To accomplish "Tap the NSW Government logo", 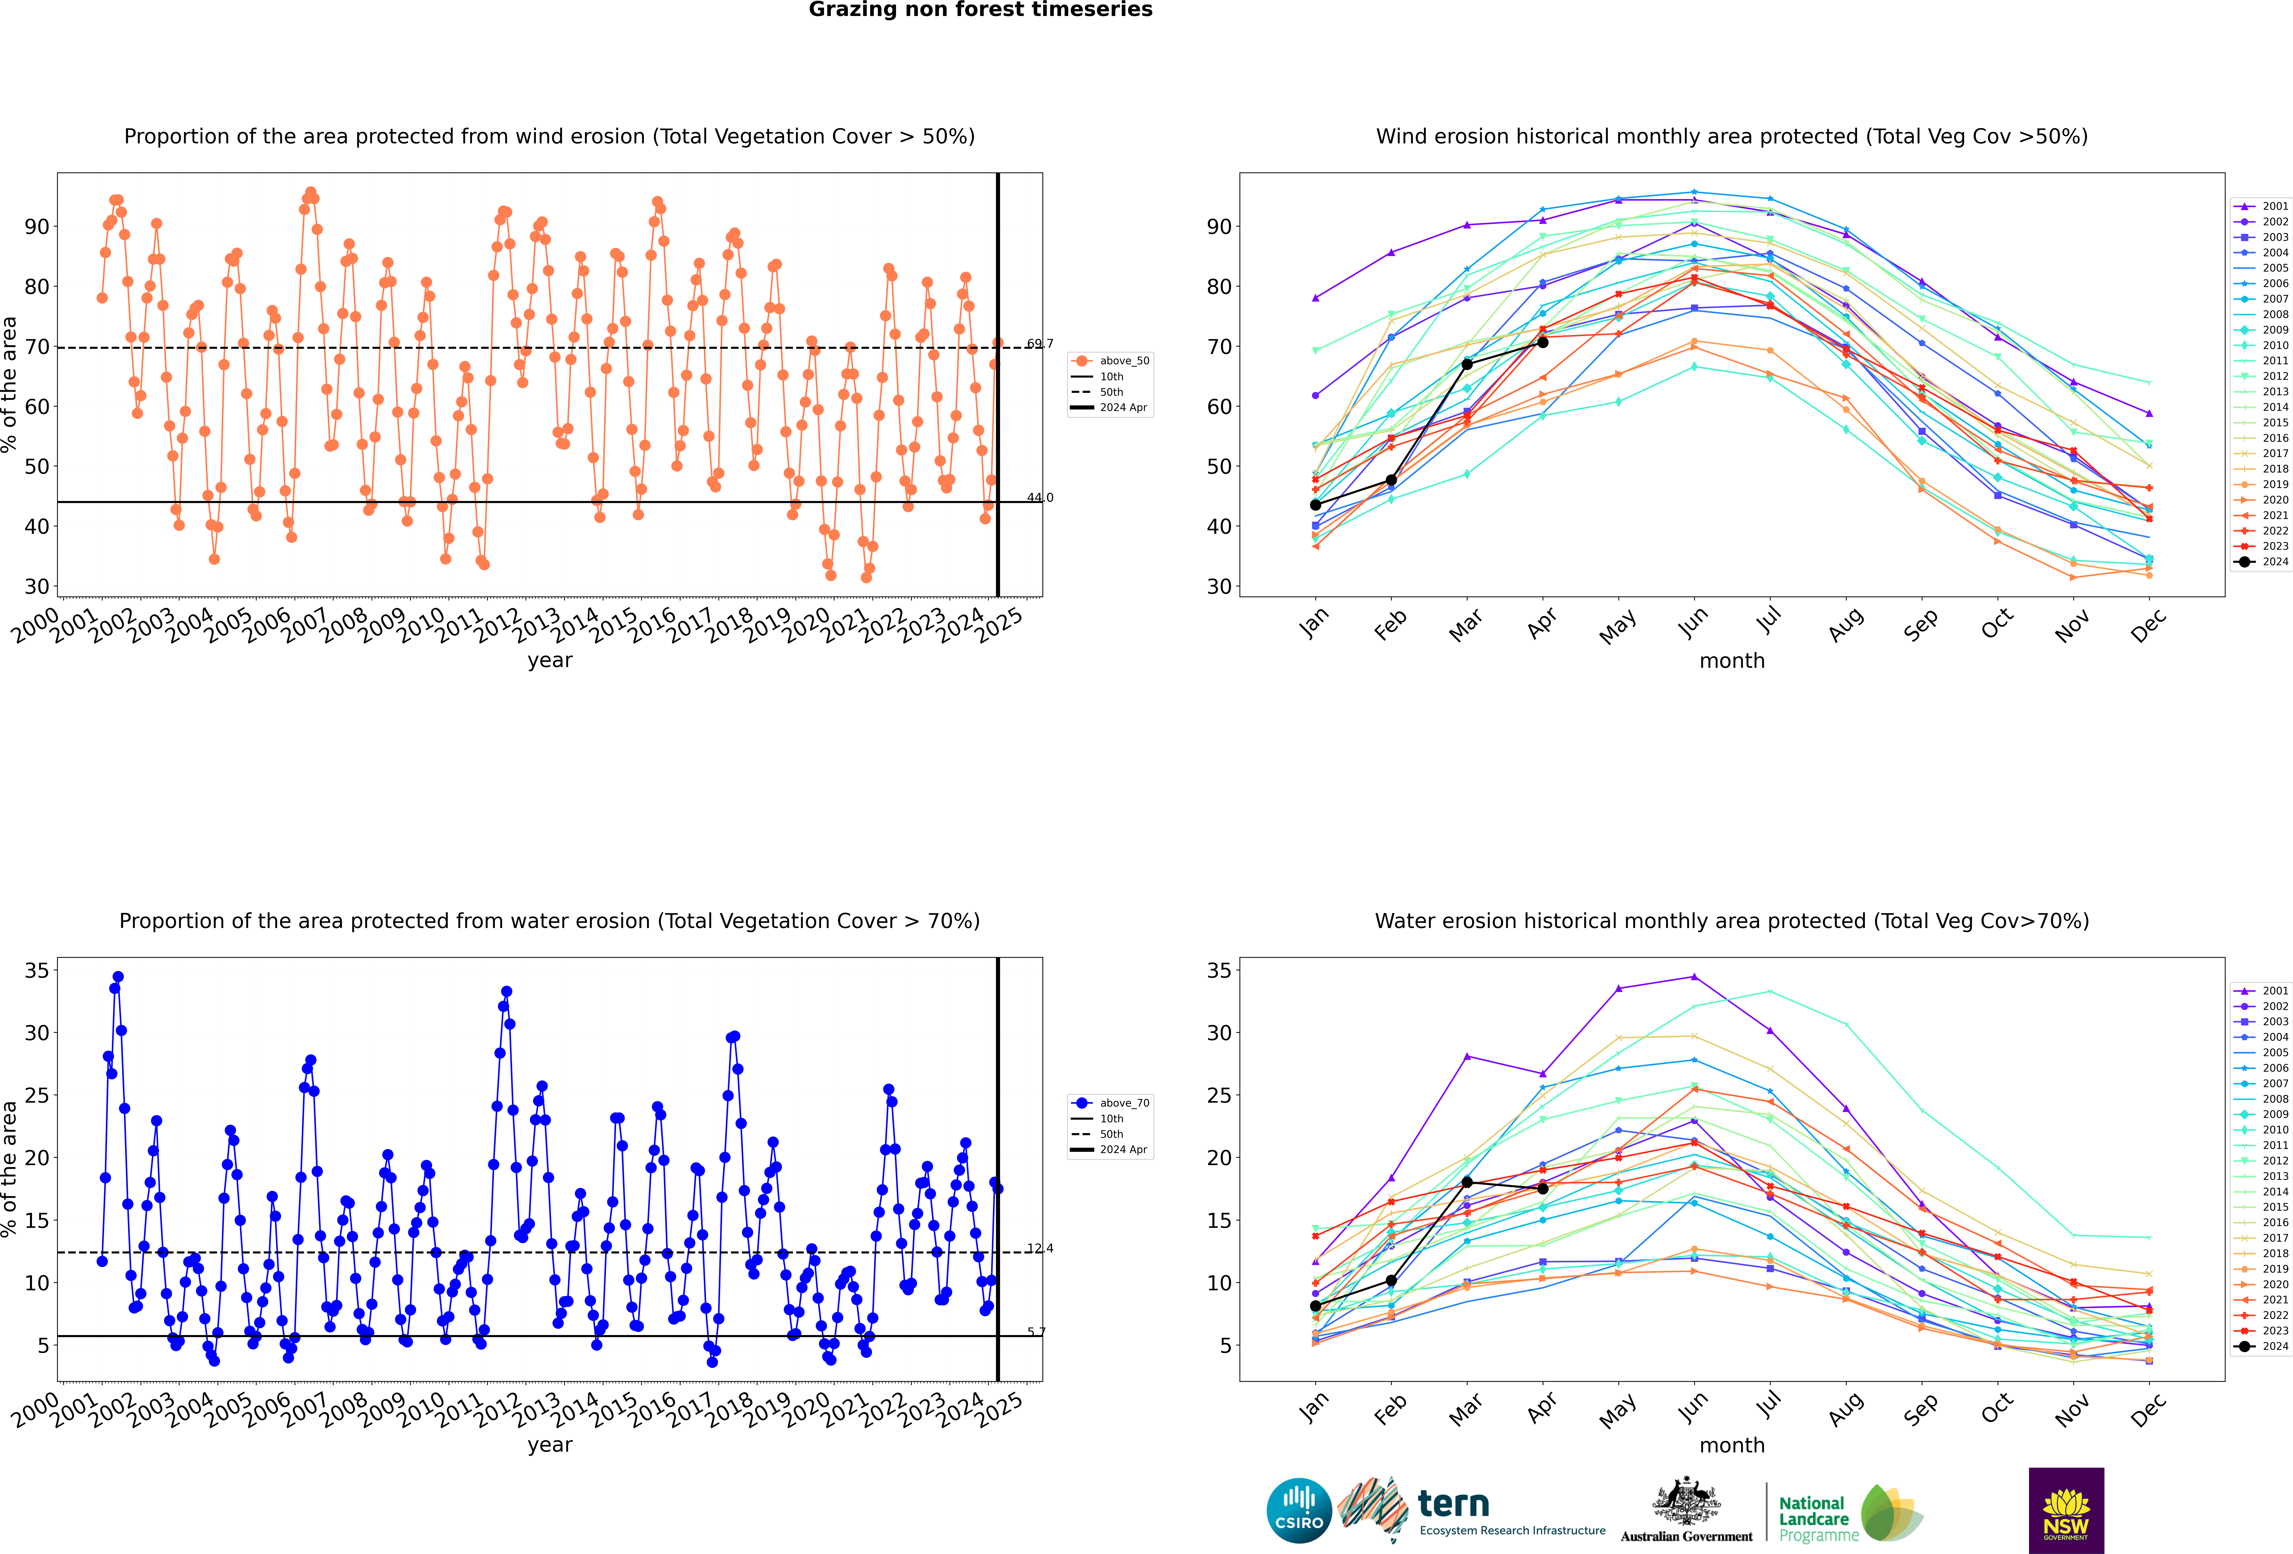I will click(2066, 1509).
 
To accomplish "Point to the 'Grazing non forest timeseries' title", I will click(980, 10).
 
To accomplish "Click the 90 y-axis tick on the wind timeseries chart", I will click(36, 227).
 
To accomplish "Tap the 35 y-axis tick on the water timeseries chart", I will click(36, 971).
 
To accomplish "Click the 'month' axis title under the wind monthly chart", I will click(1732, 661).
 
